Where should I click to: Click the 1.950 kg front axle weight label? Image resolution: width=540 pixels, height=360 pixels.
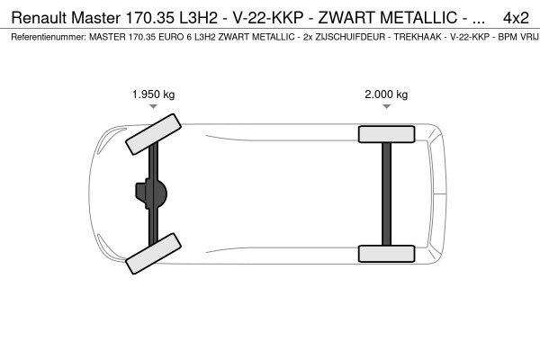point(154,94)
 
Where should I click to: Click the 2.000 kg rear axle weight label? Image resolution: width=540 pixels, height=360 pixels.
point(386,94)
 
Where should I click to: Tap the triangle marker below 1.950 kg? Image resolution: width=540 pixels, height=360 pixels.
point(154,107)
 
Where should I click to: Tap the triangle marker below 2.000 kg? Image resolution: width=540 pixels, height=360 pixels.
point(386,107)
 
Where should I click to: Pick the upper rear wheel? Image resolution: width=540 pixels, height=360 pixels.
point(386,134)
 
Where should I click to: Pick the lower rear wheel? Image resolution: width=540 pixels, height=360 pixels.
point(386,253)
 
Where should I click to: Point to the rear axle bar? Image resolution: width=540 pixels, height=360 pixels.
point(386,193)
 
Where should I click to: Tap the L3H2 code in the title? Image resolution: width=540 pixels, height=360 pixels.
point(202,17)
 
